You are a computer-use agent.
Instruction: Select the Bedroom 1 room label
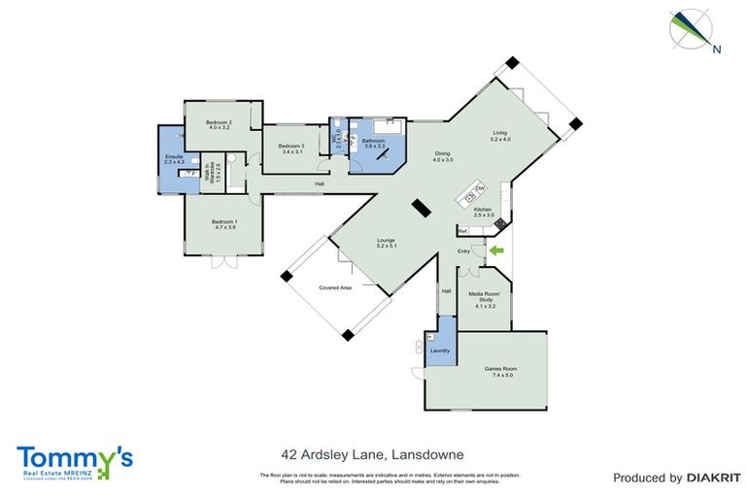(x=223, y=223)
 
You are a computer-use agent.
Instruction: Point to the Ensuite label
(x=174, y=157)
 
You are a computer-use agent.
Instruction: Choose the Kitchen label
(x=483, y=212)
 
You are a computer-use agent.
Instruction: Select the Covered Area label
(x=335, y=288)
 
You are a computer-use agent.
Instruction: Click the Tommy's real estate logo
(x=74, y=459)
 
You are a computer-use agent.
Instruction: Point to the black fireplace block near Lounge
(x=421, y=208)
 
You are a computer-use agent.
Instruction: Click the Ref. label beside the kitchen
(x=463, y=231)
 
